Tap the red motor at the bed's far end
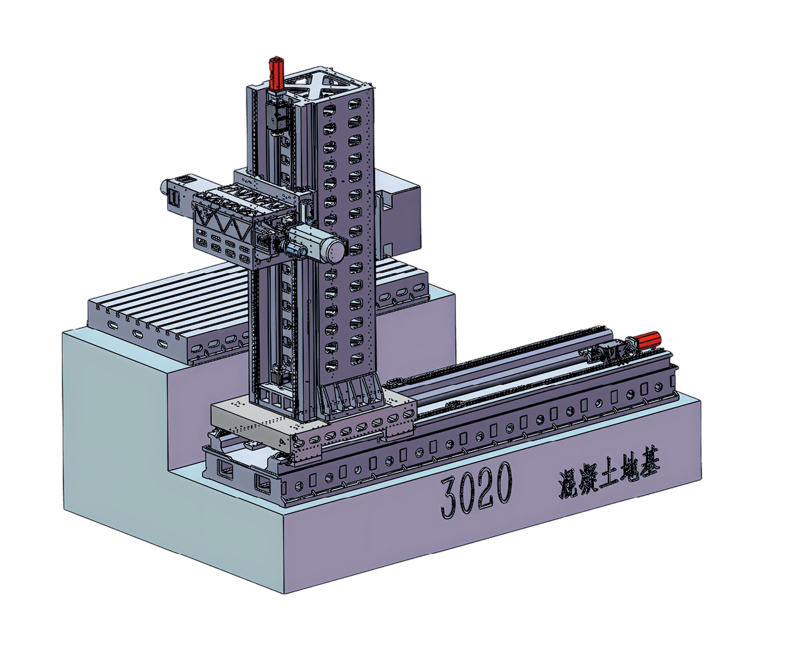pos(648,341)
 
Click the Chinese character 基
pos(648,466)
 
